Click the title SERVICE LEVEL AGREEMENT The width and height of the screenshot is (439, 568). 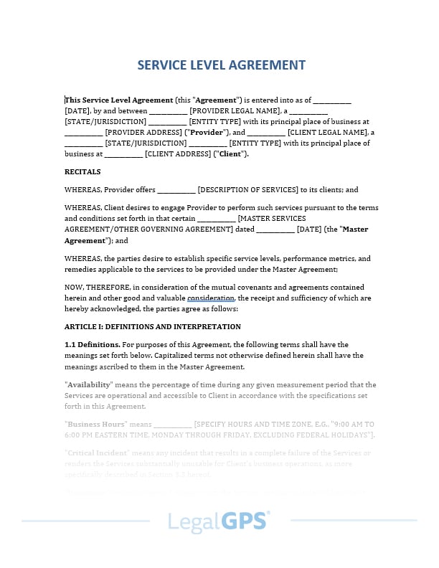pos(221,65)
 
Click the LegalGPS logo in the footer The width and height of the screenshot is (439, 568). pos(219,521)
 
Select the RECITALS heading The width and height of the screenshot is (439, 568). pos(82,172)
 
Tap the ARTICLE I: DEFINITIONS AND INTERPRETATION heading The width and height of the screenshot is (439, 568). pos(152,326)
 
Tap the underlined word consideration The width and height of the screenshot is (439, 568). pos(211,298)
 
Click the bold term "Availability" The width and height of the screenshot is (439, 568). pos(89,385)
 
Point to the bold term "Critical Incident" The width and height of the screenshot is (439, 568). pos(97,453)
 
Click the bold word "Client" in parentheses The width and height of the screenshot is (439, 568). pos(230,154)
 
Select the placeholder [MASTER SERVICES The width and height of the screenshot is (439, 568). pos(272,219)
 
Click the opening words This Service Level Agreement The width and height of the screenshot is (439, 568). pos(119,100)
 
